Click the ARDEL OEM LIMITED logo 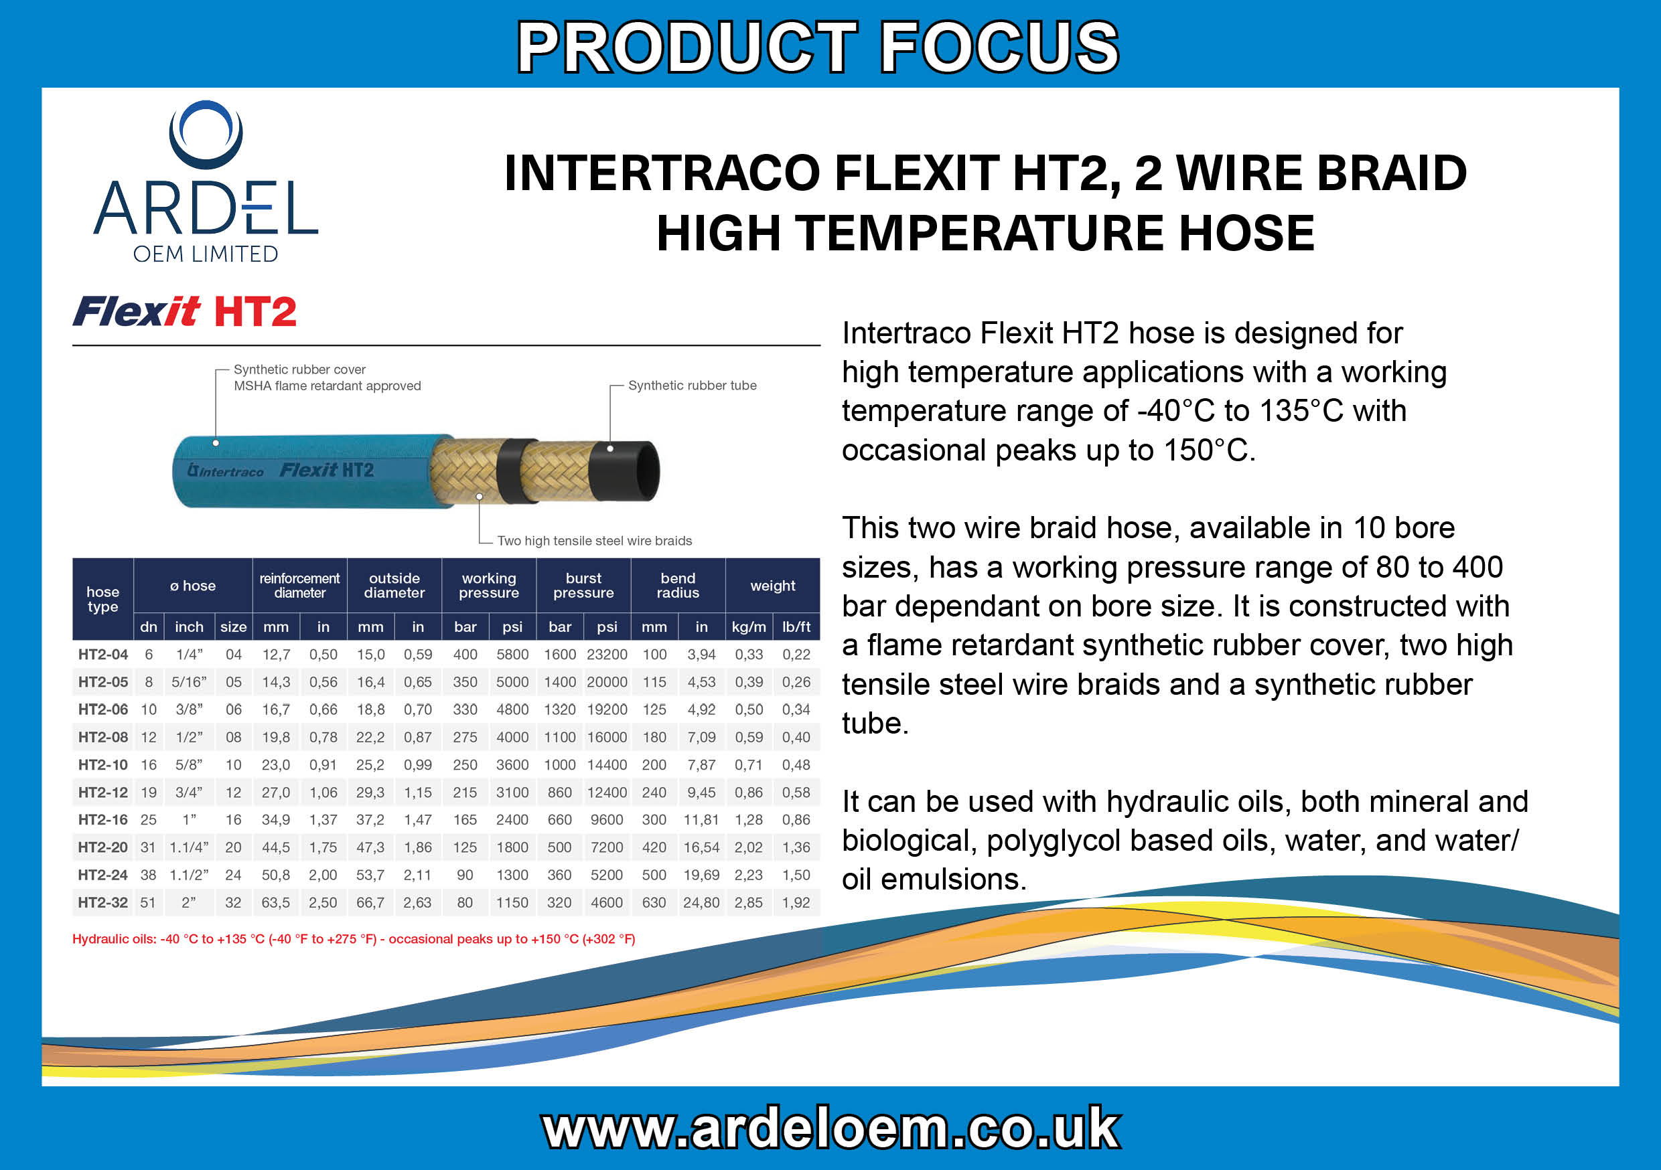tap(206, 181)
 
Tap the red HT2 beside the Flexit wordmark tap(255, 313)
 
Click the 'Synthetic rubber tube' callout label tap(693, 386)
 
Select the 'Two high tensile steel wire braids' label tap(595, 541)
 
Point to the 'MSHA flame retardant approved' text tap(327, 386)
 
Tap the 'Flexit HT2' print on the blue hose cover tap(327, 471)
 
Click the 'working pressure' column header tap(489, 586)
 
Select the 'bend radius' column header tap(678, 586)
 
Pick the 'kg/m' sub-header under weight tap(749, 627)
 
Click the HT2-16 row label tap(102, 820)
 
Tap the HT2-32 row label tap(102, 902)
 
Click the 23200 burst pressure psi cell tap(607, 655)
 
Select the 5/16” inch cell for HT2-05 tap(189, 682)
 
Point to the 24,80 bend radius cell tap(702, 902)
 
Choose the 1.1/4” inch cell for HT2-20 tap(189, 847)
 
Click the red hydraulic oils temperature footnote tap(354, 939)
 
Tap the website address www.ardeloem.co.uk tap(831, 1128)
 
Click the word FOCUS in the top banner tap(999, 47)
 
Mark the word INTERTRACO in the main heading tap(661, 173)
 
